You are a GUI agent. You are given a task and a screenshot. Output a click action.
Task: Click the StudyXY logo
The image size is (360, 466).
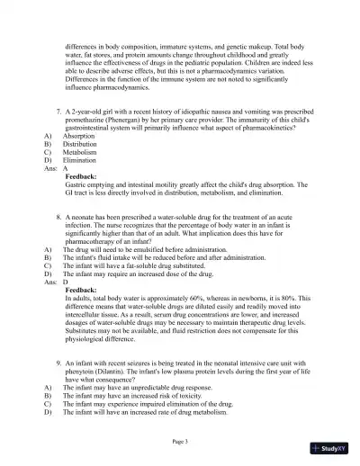coord(334,447)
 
